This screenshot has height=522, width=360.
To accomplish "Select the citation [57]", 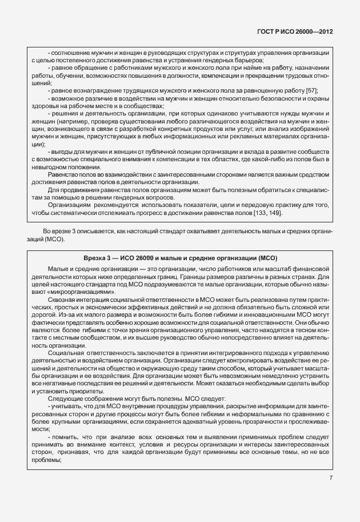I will tap(311, 90).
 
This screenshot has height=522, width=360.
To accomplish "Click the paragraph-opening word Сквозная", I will tap(62, 299).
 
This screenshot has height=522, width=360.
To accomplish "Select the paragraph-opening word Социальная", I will tap(65, 353).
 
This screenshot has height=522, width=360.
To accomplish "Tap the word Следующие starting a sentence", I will tap(65, 398).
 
